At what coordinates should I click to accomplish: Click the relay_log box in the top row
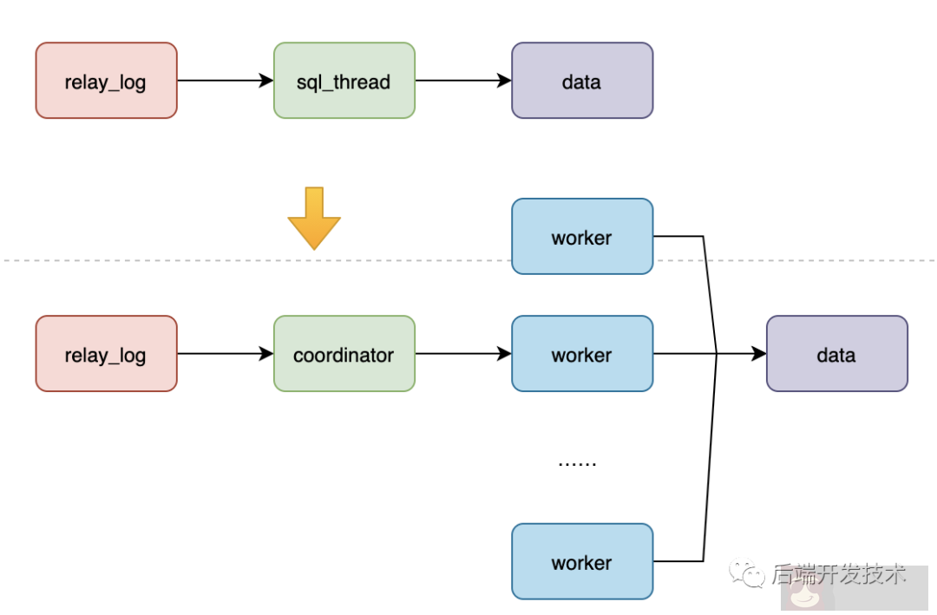(106, 81)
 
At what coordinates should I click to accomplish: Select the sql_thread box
(344, 81)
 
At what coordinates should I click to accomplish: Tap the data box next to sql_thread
(581, 81)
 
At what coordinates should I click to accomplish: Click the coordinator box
(344, 354)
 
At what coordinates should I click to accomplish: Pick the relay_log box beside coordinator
(106, 354)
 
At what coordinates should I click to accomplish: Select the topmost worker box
(581, 237)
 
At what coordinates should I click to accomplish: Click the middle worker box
(581, 354)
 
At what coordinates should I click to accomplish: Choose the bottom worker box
(581, 561)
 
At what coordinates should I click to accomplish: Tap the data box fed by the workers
(836, 354)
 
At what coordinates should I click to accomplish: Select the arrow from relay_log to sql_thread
(225, 81)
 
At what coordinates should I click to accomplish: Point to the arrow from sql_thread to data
(462, 81)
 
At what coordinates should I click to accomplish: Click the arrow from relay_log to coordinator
(225, 354)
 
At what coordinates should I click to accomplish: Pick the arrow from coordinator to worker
(462, 354)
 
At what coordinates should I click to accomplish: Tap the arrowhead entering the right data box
(758, 354)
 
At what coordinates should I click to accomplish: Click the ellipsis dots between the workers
(577, 462)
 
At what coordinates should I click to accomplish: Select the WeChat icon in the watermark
(746, 573)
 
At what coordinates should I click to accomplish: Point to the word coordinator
(344, 355)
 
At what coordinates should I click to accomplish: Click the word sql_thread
(344, 82)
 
